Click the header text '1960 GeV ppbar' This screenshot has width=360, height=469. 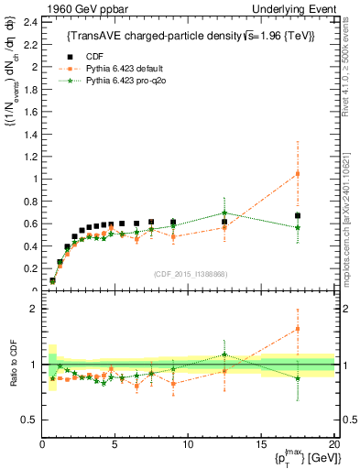[80, 8]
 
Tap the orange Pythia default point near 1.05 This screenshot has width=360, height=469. [297, 174]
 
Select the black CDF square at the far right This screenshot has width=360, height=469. [297, 216]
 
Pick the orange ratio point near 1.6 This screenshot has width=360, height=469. [297, 329]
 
